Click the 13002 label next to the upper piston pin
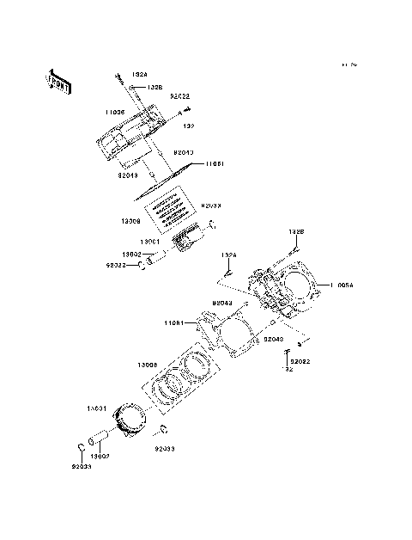click(x=131, y=255)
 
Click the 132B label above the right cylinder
click(x=295, y=231)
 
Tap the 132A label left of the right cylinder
click(x=228, y=255)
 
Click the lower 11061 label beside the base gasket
click(x=176, y=323)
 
